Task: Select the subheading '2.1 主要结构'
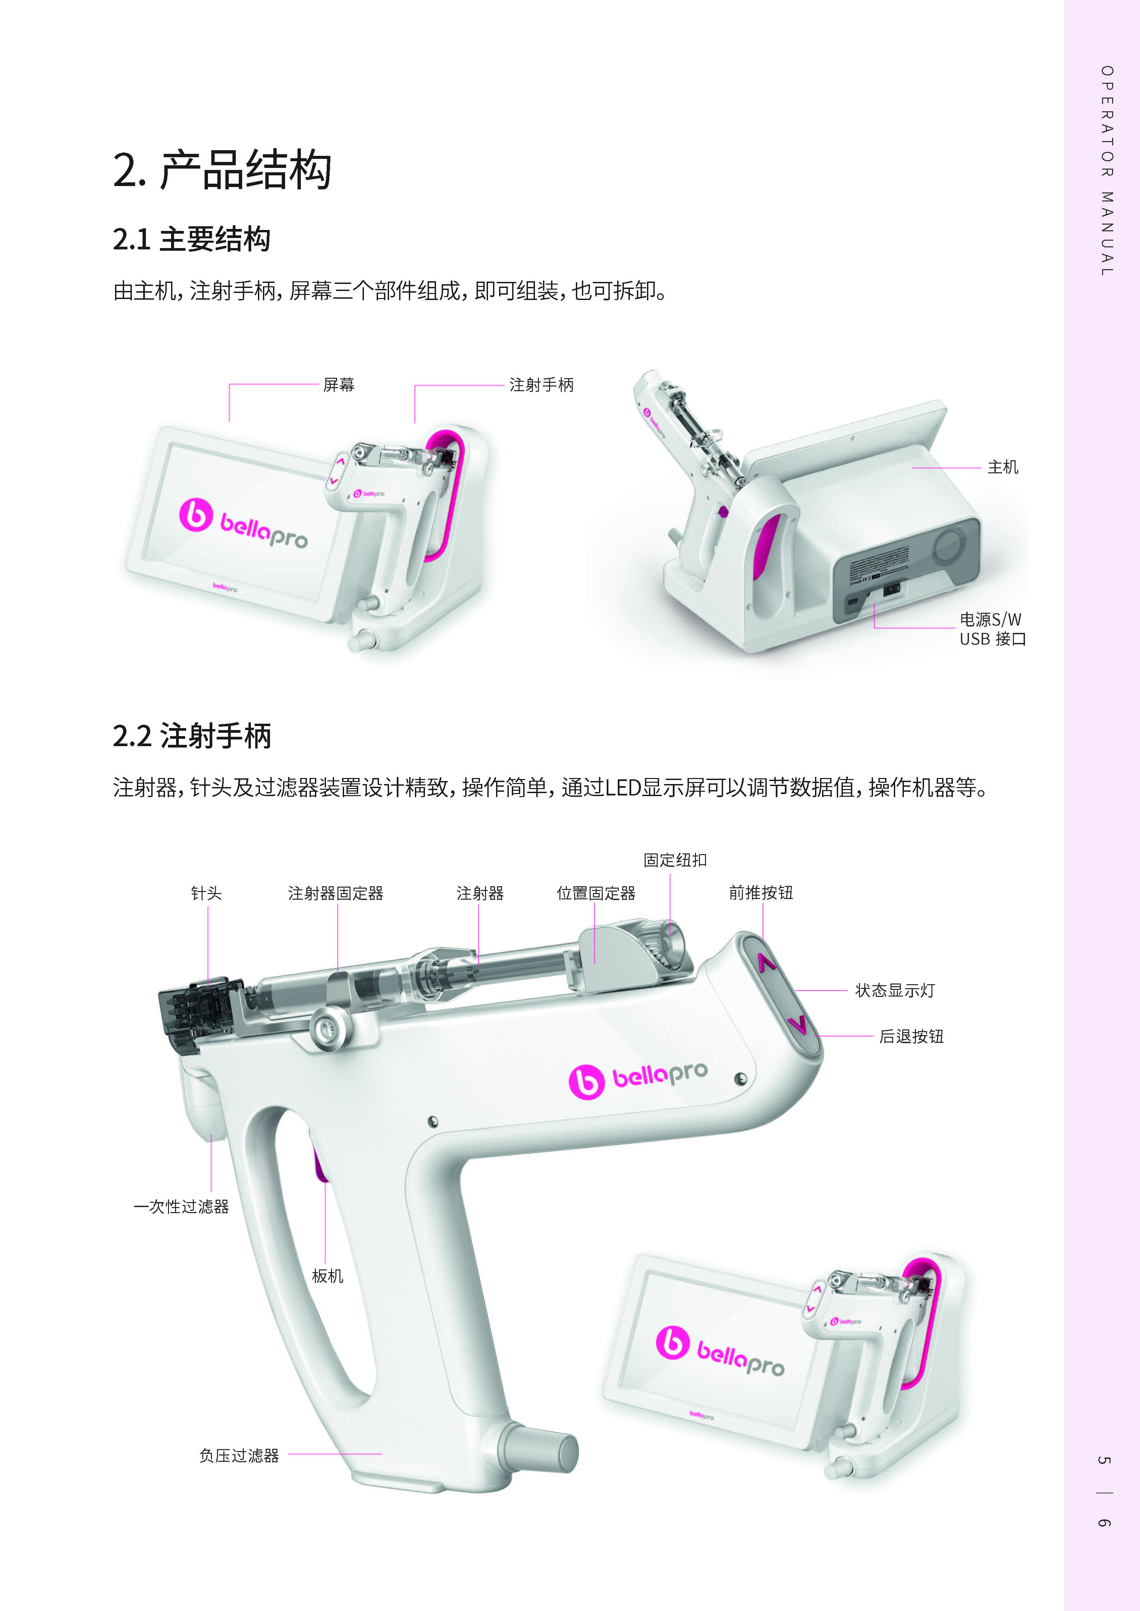[x=192, y=239]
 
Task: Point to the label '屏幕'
[x=339, y=384]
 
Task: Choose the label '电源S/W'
[x=990, y=619]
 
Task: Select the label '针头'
[x=206, y=893]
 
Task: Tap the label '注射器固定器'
[x=335, y=893]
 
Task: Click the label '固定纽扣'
[x=675, y=860]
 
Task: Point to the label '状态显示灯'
[x=895, y=990]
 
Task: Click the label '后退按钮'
[x=911, y=1036]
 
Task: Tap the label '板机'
[x=328, y=1275]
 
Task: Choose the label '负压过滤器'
[x=239, y=1455]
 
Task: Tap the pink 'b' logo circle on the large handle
[x=586, y=1081]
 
